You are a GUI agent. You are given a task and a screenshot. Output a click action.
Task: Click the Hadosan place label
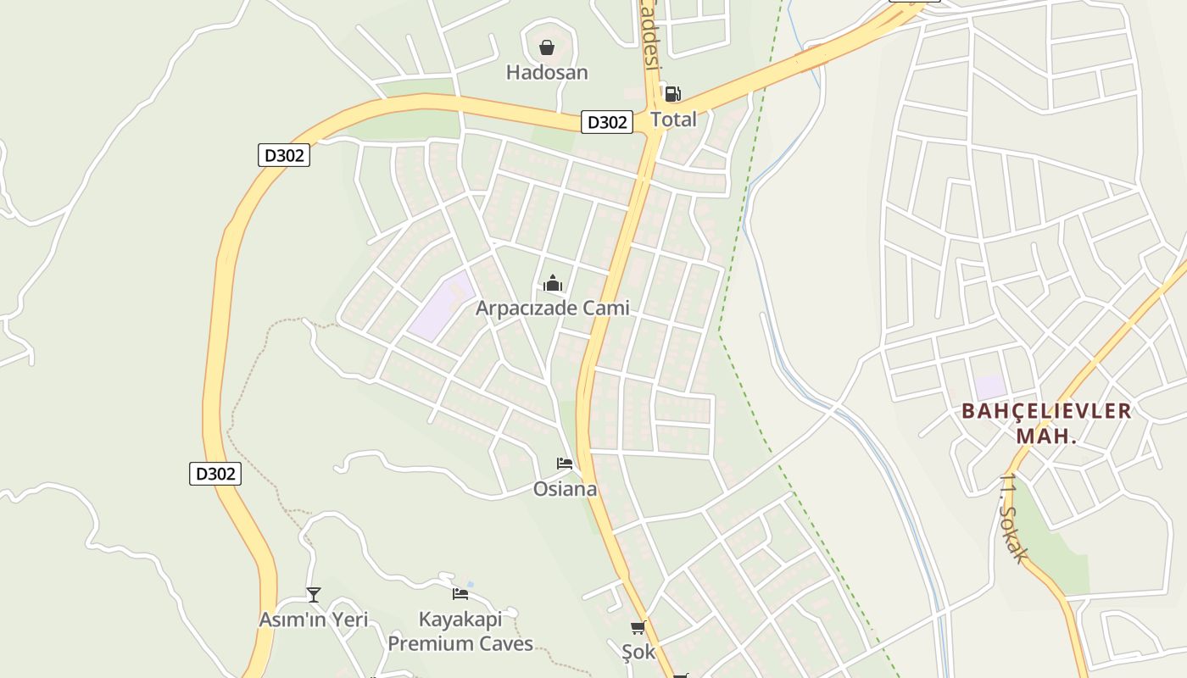(547, 73)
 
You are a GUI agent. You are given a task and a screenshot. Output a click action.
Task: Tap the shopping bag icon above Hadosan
(547, 47)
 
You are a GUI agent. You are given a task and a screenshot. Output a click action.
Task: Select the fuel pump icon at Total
(672, 94)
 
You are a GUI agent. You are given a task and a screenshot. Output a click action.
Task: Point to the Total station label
(673, 119)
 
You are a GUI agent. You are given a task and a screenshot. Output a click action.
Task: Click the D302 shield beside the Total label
(607, 122)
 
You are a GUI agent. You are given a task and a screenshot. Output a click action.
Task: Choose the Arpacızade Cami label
(552, 308)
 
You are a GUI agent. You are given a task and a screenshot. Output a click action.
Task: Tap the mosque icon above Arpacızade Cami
(553, 283)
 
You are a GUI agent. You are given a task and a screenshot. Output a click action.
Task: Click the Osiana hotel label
(565, 489)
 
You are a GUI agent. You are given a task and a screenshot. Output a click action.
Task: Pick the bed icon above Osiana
(565, 464)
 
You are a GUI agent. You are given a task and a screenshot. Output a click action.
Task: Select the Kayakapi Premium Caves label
(460, 631)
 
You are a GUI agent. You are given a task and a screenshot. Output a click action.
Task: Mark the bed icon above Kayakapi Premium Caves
(460, 594)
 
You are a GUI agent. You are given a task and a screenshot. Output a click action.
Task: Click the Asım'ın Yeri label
(314, 620)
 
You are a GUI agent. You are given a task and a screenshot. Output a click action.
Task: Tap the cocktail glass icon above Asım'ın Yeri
(314, 595)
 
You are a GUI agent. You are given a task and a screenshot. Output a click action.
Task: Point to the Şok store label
(638, 653)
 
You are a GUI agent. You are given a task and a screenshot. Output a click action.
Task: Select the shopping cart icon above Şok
(638, 628)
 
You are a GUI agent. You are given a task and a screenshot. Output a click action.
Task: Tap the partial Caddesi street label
(649, 34)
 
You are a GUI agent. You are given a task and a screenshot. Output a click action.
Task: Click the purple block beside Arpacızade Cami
(442, 306)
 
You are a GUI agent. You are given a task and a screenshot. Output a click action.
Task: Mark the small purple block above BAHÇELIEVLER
(990, 387)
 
